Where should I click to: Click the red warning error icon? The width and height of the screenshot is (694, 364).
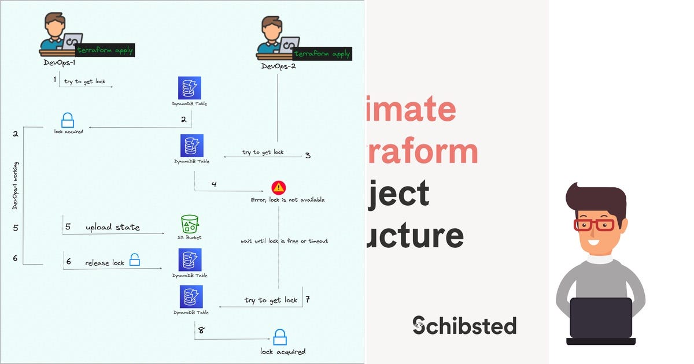point(279,187)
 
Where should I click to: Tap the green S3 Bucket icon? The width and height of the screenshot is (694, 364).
point(190,224)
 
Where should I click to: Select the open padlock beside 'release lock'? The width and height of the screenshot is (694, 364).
point(135,260)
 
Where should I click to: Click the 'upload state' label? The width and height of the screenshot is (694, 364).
point(113,227)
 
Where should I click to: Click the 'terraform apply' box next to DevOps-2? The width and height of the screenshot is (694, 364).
point(323,54)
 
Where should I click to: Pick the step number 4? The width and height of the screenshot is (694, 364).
point(214,184)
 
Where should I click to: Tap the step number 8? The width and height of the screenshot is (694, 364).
point(201,331)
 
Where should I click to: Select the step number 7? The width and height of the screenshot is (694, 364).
point(308,299)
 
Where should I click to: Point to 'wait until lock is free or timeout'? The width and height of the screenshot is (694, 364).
point(285,240)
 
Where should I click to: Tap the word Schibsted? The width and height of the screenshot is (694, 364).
point(464,326)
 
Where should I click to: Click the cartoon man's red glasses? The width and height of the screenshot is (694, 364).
point(594,224)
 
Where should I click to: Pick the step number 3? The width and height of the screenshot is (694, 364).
point(308,155)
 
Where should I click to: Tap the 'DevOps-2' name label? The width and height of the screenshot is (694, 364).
point(279,66)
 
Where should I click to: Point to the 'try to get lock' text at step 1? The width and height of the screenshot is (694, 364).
point(85,81)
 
